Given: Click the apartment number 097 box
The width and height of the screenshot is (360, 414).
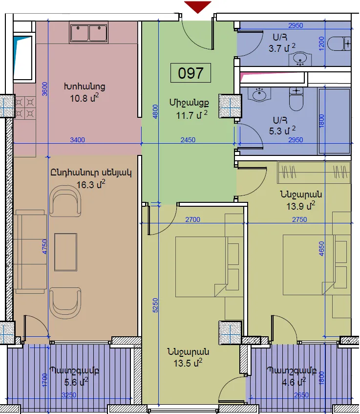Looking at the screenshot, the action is tap(191, 73).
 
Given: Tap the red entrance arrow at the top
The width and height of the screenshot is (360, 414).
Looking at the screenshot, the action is tap(198, 7).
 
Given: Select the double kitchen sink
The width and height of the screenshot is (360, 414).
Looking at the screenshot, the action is tap(89, 32).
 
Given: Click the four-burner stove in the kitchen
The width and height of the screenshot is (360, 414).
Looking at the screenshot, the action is tap(24, 108).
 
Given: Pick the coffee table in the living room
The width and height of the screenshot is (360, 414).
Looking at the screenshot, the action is tap(66, 252).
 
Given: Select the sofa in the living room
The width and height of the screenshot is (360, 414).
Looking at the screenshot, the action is tap(30, 252).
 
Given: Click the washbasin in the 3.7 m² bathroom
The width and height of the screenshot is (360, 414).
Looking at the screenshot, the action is tap(300, 59).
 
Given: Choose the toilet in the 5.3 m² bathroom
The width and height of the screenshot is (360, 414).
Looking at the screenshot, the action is tap(296, 99).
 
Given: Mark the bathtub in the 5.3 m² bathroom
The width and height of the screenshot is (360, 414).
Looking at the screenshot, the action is tap(334, 121).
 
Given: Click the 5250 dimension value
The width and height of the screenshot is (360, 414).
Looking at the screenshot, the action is tap(155, 305).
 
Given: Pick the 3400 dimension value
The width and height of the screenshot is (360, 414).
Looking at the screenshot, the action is tap(77, 140).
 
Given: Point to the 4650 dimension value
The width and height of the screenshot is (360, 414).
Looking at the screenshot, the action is tap(321, 248).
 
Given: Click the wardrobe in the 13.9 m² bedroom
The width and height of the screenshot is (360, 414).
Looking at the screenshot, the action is tap(314, 173).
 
